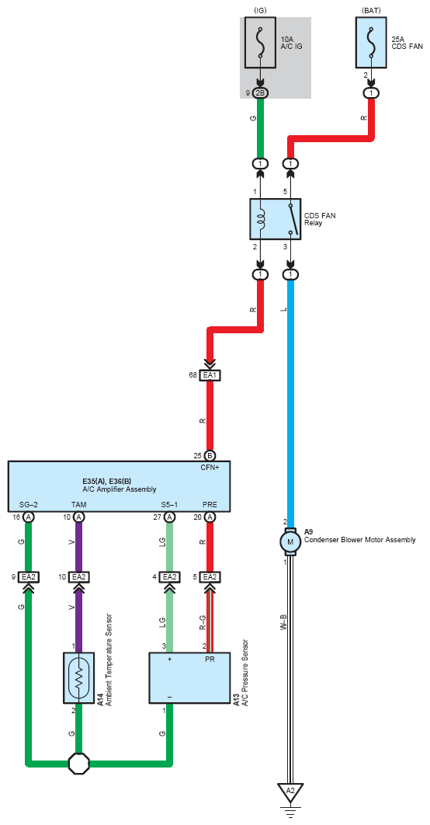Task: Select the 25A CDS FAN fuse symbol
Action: (373, 44)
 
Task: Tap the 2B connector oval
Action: (260, 93)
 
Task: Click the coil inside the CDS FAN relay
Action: (261, 219)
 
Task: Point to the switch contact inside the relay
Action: (290, 219)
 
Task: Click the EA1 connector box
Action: (210, 375)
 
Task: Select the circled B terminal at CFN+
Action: (210, 456)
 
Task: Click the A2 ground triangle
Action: (290, 792)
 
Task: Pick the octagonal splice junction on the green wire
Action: (79, 762)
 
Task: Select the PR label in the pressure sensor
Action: (210, 659)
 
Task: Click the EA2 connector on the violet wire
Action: (79, 577)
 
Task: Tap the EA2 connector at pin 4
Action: (169, 577)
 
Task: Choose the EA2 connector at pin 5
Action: (210, 577)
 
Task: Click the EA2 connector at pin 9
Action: (29, 577)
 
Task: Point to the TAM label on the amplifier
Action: (79, 505)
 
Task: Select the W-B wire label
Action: (283, 623)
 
